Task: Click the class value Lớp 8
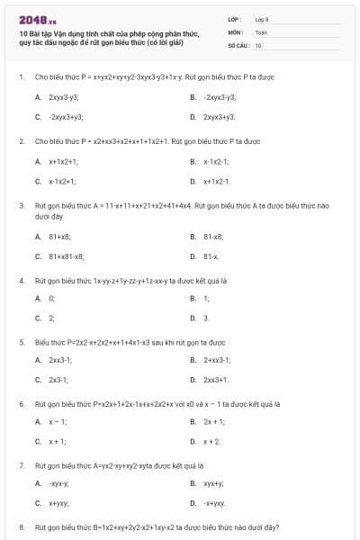262,18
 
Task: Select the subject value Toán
261,31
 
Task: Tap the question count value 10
258,44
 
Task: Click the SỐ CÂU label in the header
238,44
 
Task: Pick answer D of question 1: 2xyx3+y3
220,117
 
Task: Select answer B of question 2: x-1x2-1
217,161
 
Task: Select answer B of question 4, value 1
206,298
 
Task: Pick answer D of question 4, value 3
206,319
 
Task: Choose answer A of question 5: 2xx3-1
61,359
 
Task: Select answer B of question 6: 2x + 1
214,421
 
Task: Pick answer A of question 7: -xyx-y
59,483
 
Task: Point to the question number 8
21,526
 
